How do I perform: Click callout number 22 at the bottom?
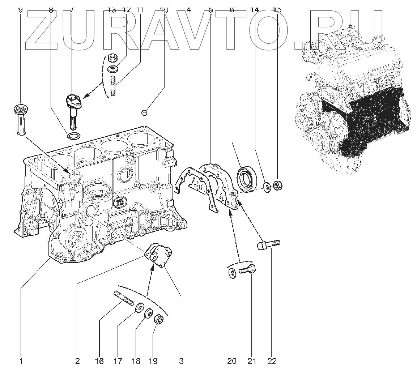272,361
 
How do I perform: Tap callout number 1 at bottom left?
21,361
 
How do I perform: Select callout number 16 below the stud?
99,361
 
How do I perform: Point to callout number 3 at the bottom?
181,361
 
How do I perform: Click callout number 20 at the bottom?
232,361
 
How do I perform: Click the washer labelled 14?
267,187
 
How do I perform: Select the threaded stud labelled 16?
124,300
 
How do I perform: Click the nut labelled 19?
158,319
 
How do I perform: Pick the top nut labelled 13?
112,57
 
